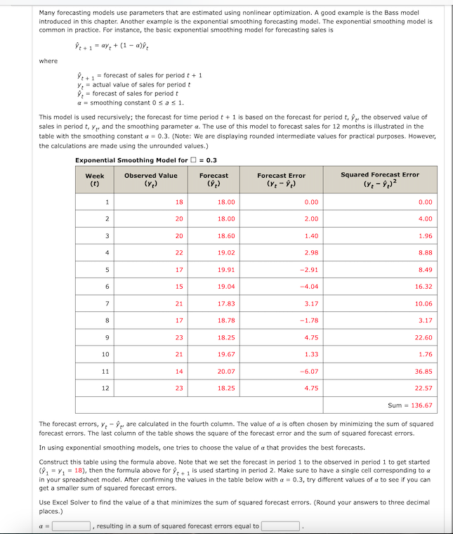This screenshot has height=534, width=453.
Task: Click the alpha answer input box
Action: point(70,526)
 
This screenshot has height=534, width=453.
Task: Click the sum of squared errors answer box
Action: point(281,526)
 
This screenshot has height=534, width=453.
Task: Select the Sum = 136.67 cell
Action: point(410,405)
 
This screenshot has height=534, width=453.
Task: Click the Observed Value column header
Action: point(150,179)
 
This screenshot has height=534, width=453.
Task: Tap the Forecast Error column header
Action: point(281,179)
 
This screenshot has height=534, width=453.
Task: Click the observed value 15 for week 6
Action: point(179,287)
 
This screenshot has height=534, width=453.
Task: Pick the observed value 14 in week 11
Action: point(179,371)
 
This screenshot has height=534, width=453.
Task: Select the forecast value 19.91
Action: point(227,270)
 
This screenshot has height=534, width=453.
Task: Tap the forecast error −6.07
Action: point(309,371)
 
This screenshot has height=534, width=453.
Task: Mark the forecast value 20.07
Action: point(227,371)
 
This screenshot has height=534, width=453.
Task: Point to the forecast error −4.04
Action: point(309,287)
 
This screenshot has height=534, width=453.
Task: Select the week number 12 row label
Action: point(105,388)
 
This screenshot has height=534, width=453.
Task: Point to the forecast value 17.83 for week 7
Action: point(227,304)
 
